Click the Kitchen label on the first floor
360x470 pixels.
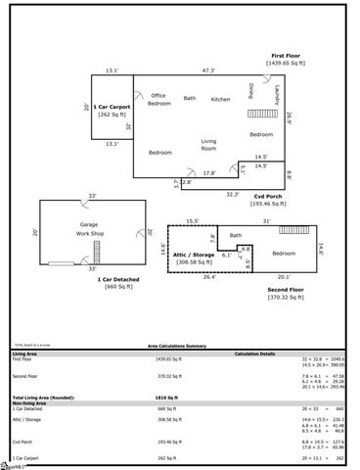[220, 99]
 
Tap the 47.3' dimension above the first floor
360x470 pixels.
[208, 70]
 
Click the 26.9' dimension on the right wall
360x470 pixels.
[290, 118]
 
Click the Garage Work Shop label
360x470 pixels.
[89, 231]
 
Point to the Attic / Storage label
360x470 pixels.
[193, 258]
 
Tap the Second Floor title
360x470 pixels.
[285, 291]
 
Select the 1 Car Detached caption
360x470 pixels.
[116, 281]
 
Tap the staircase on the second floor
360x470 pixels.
[293, 230]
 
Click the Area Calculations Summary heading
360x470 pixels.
[176, 346]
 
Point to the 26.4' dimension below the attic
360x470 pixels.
[209, 277]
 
